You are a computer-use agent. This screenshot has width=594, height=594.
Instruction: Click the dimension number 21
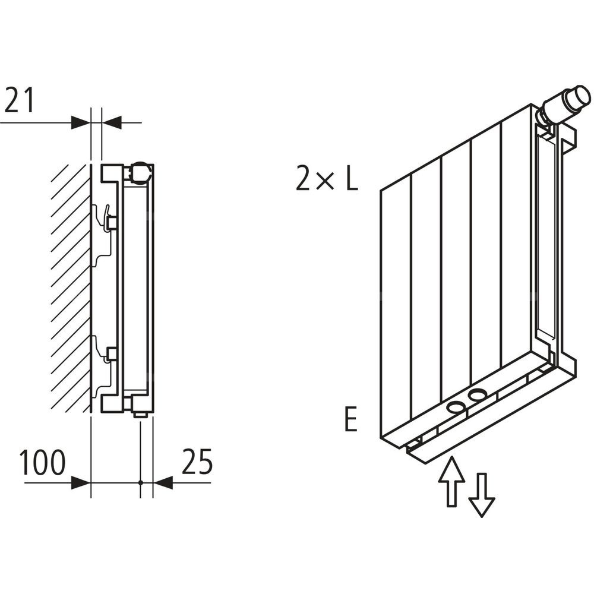point(20,101)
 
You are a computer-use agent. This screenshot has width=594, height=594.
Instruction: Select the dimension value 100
point(43,463)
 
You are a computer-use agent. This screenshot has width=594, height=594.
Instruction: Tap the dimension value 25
point(197,462)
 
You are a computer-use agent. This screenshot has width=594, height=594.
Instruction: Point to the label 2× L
point(327,178)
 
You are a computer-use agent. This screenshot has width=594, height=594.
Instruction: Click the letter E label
point(351,420)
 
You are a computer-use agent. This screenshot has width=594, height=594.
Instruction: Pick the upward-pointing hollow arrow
point(451,481)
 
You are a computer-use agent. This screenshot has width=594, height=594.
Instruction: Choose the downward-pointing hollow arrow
point(481,494)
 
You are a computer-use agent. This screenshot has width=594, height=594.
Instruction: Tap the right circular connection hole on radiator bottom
point(478,394)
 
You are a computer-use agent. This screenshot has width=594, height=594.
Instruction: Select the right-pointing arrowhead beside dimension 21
point(80,123)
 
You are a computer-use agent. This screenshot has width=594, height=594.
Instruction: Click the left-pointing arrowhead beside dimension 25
point(162,482)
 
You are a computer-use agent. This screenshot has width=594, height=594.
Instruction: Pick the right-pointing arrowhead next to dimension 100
point(81,482)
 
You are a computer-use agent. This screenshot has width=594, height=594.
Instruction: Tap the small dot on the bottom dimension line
point(141,482)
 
